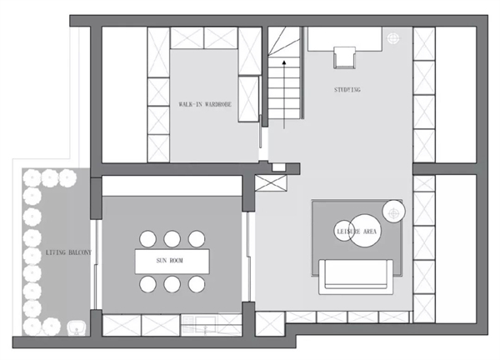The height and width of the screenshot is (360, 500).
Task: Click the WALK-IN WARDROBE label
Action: pos(205,104)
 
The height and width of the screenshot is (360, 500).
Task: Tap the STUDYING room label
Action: pos(347,90)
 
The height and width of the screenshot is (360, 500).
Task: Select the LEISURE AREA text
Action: pos(357,231)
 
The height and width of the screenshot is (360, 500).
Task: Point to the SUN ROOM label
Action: pos(170,261)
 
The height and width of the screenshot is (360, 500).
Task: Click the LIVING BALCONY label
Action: pos(68,252)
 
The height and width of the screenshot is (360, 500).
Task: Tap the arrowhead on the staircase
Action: pos(284,62)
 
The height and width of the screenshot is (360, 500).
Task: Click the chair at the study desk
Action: pos(344,57)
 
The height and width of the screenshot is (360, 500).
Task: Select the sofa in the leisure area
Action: pos(356,277)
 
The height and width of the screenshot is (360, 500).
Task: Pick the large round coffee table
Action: pos(365,231)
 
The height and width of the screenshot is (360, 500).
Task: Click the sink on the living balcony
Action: pos(77,328)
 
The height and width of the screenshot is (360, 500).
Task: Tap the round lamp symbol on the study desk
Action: pos(393,38)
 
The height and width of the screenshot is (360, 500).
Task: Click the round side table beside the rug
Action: pos(394,212)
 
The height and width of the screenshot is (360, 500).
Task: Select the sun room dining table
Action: pos(172,262)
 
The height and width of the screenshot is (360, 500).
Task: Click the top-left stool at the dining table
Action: pos(148,239)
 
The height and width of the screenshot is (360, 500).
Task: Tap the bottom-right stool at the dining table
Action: pos(197,284)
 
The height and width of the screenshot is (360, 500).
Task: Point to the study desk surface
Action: pos(345,39)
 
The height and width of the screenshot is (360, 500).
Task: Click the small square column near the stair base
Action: pos(278,167)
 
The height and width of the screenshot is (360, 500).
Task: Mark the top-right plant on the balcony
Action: pos(67,178)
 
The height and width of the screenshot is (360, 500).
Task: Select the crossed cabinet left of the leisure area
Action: pos(271,183)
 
